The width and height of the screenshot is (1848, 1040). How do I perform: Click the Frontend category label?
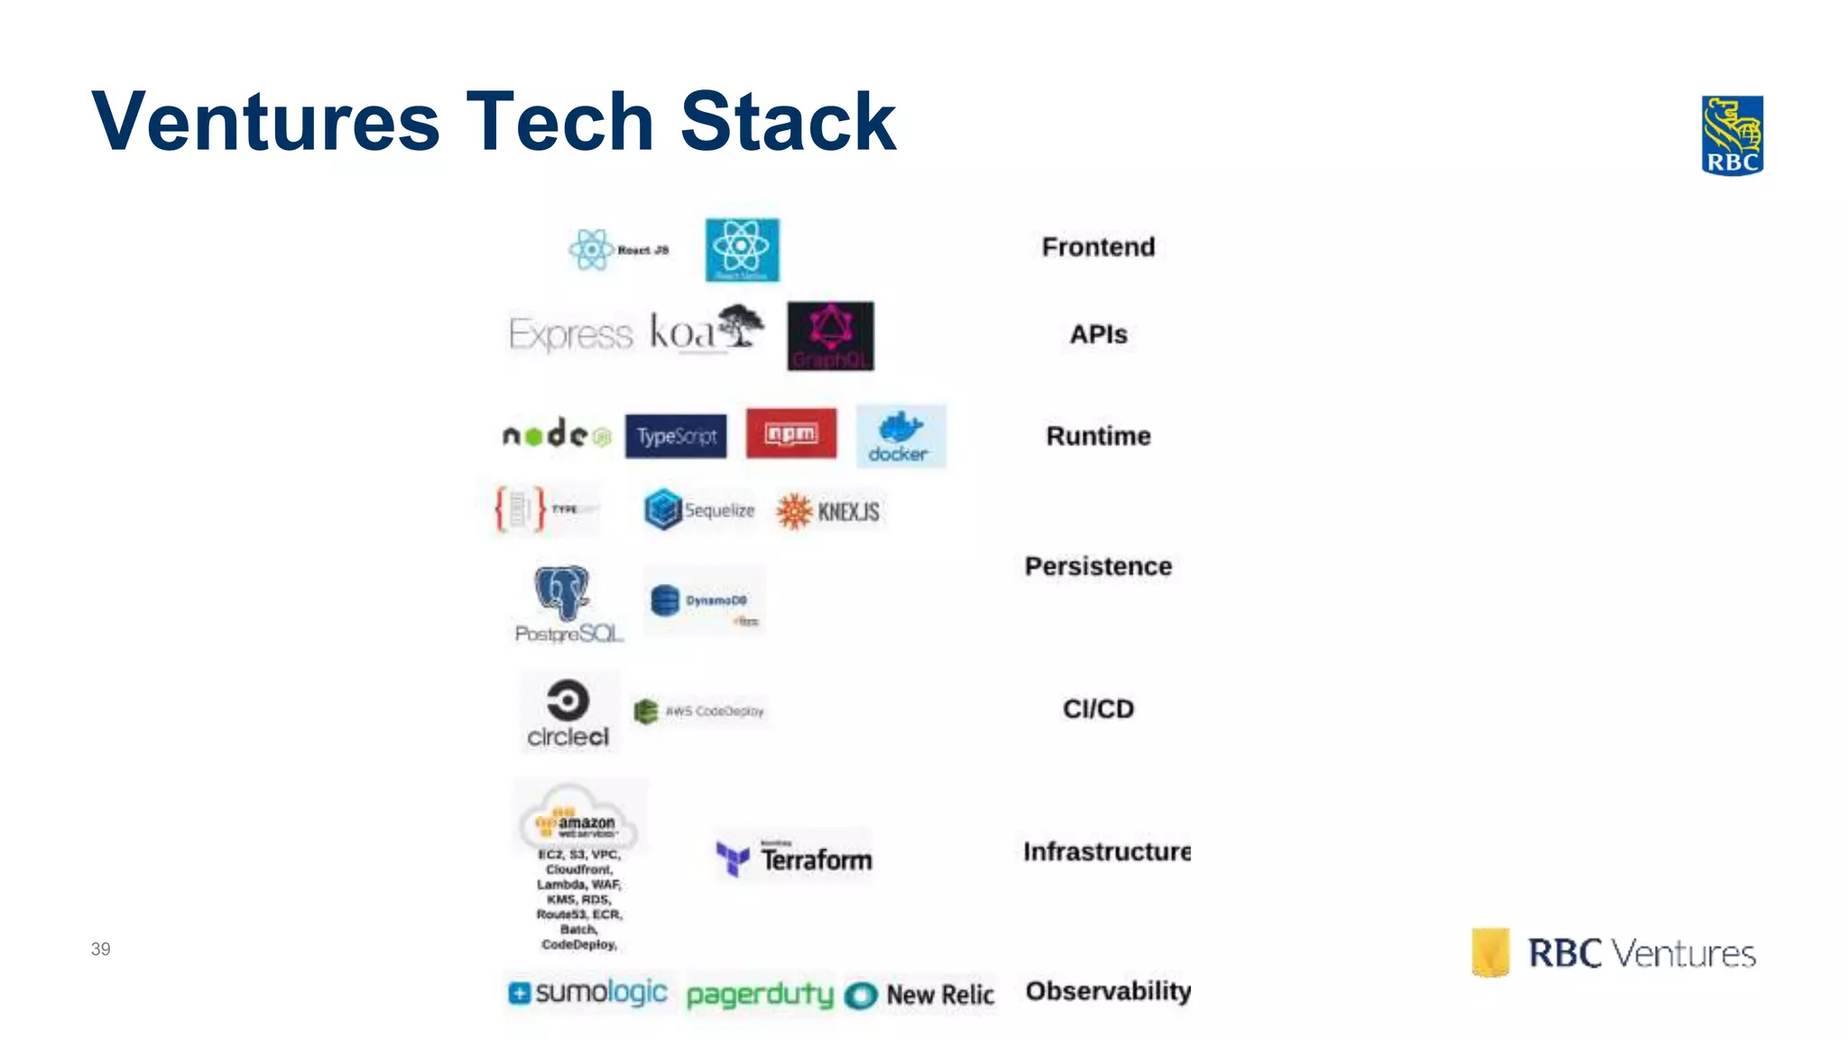tap(1098, 246)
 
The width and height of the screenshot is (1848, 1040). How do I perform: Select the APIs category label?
tap(1098, 334)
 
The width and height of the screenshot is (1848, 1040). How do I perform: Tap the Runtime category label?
tap(1098, 436)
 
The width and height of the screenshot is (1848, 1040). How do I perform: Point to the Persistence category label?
tap(1098, 566)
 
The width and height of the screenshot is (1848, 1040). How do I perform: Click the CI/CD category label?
tap(1098, 709)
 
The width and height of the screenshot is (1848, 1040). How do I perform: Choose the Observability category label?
tap(1108, 990)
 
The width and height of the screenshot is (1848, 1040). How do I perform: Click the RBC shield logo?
tap(1732, 135)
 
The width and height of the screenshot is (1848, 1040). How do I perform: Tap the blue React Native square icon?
tap(742, 250)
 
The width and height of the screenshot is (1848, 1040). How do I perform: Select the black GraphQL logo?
tap(830, 336)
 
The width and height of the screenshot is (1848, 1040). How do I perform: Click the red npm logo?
tap(791, 434)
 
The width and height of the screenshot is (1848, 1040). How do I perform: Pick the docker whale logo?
tap(901, 437)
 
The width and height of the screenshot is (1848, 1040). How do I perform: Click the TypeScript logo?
tap(676, 436)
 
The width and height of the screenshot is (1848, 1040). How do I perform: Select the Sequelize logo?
tap(700, 510)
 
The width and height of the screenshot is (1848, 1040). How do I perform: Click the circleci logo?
tap(568, 713)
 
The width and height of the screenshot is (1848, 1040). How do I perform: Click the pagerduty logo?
tap(760, 995)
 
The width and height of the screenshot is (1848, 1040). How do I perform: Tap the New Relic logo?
tap(920, 995)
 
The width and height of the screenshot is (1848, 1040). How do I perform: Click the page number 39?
tap(100, 949)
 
